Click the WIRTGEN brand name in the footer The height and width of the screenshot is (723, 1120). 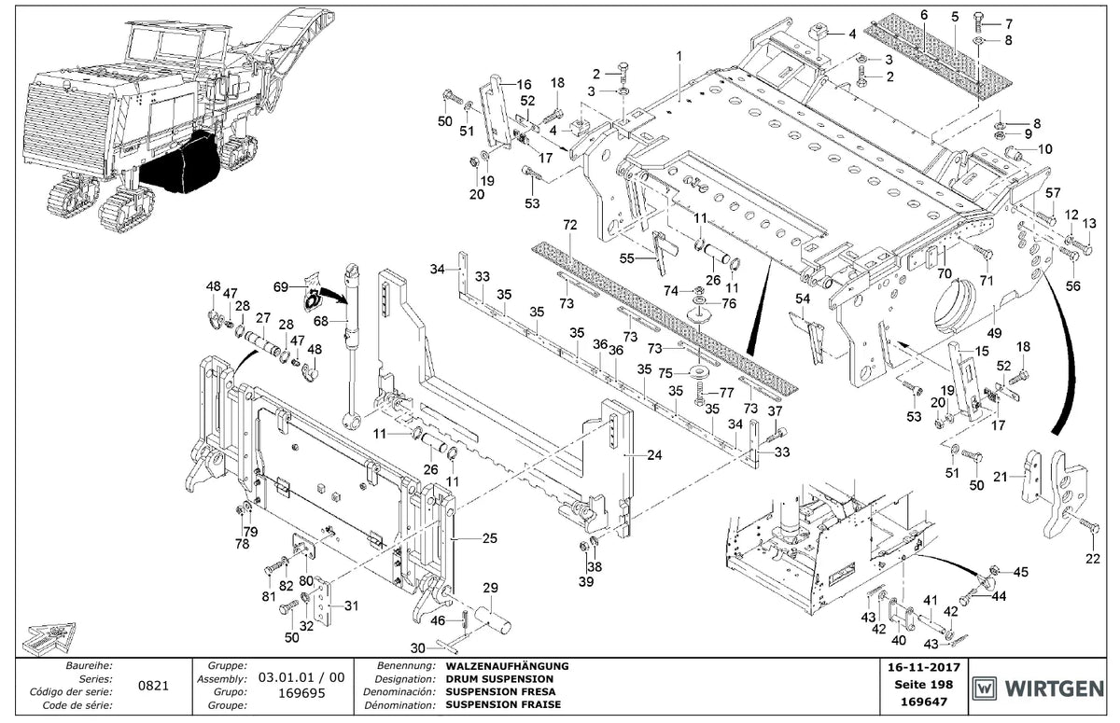click(x=1054, y=688)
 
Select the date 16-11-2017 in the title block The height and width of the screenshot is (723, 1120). click(x=924, y=668)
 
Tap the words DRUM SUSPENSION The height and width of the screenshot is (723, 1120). click(x=499, y=679)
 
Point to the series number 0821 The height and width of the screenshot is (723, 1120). click(x=153, y=686)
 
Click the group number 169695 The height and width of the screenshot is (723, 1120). click(x=301, y=693)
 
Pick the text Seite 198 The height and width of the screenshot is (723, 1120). click(x=924, y=685)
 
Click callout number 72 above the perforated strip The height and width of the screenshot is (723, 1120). click(x=569, y=225)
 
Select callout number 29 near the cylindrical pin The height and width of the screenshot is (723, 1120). click(x=491, y=588)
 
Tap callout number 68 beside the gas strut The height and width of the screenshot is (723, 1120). click(x=320, y=321)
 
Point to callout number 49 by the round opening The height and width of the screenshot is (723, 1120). click(x=994, y=332)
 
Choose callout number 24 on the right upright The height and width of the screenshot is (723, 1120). click(x=654, y=454)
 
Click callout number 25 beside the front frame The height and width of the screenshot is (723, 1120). click(x=489, y=538)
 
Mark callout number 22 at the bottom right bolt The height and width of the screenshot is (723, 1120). click(x=1093, y=559)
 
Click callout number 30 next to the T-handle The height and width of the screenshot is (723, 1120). click(x=417, y=648)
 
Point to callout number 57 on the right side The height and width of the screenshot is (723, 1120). click(x=1053, y=192)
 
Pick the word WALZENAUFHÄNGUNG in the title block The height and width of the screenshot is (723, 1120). click(x=507, y=666)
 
